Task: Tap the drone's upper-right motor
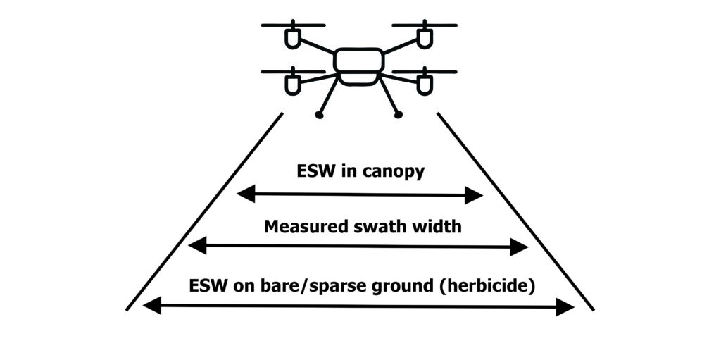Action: pyautogui.click(x=424, y=37)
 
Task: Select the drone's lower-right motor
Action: pyautogui.click(x=424, y=83)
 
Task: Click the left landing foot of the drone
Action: pyautogui.click(x=320, y=115)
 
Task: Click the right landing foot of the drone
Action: pyautogui.click(x=399, y=114)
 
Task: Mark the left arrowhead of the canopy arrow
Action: pyautogui.click(x=244, y=194)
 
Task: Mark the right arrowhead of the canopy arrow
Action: pyautogui.click(x=476, y=196)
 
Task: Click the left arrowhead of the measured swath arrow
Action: pyautogui.click(x=196, y=245)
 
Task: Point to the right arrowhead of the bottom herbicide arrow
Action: pyautogui.click(x=566, y=306)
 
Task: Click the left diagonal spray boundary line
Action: pyautogui.click(x=204, y=211)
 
